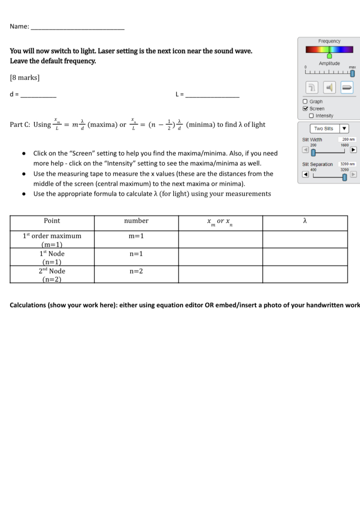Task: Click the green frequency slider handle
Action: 329,56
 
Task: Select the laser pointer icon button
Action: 347,87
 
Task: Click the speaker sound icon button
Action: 329,87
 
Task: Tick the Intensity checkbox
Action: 311,116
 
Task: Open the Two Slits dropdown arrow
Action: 344,129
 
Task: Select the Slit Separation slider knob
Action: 345,177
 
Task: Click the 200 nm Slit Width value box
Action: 349,140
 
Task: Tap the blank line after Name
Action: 77,27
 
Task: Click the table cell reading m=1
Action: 136,236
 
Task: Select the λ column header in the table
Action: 305,221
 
